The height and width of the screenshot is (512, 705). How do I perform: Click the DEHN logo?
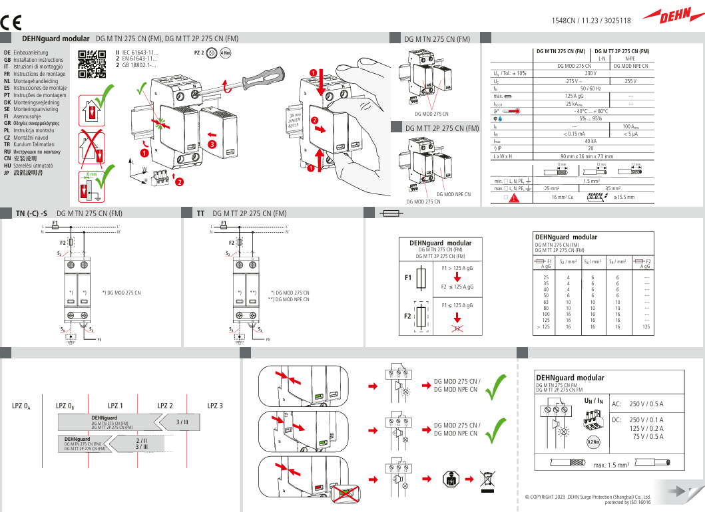[x=672, y=16]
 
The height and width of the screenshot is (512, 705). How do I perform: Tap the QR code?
[x=92, y=64]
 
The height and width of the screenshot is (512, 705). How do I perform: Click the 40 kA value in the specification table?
[x=590, y=141]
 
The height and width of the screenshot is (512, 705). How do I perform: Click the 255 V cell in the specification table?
[x=630, y=80]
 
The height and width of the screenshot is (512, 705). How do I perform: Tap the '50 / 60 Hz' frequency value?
[x=590, y=88]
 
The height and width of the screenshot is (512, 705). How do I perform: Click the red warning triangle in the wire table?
[x=513, y=197]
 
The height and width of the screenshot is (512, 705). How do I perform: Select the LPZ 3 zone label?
[x=215, y=406]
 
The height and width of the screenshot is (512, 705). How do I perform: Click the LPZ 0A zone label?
[x=21, y=406]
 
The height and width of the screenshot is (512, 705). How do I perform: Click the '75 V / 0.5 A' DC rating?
[x=648, y=436]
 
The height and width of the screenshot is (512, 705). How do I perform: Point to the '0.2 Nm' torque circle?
[x=594, y=440]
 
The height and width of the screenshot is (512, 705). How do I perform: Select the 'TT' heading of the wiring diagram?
[x=200, y=213]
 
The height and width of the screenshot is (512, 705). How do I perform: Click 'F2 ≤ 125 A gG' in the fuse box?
[x=457, y=287]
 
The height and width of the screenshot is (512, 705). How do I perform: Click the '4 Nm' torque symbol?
[x=226, y=53]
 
